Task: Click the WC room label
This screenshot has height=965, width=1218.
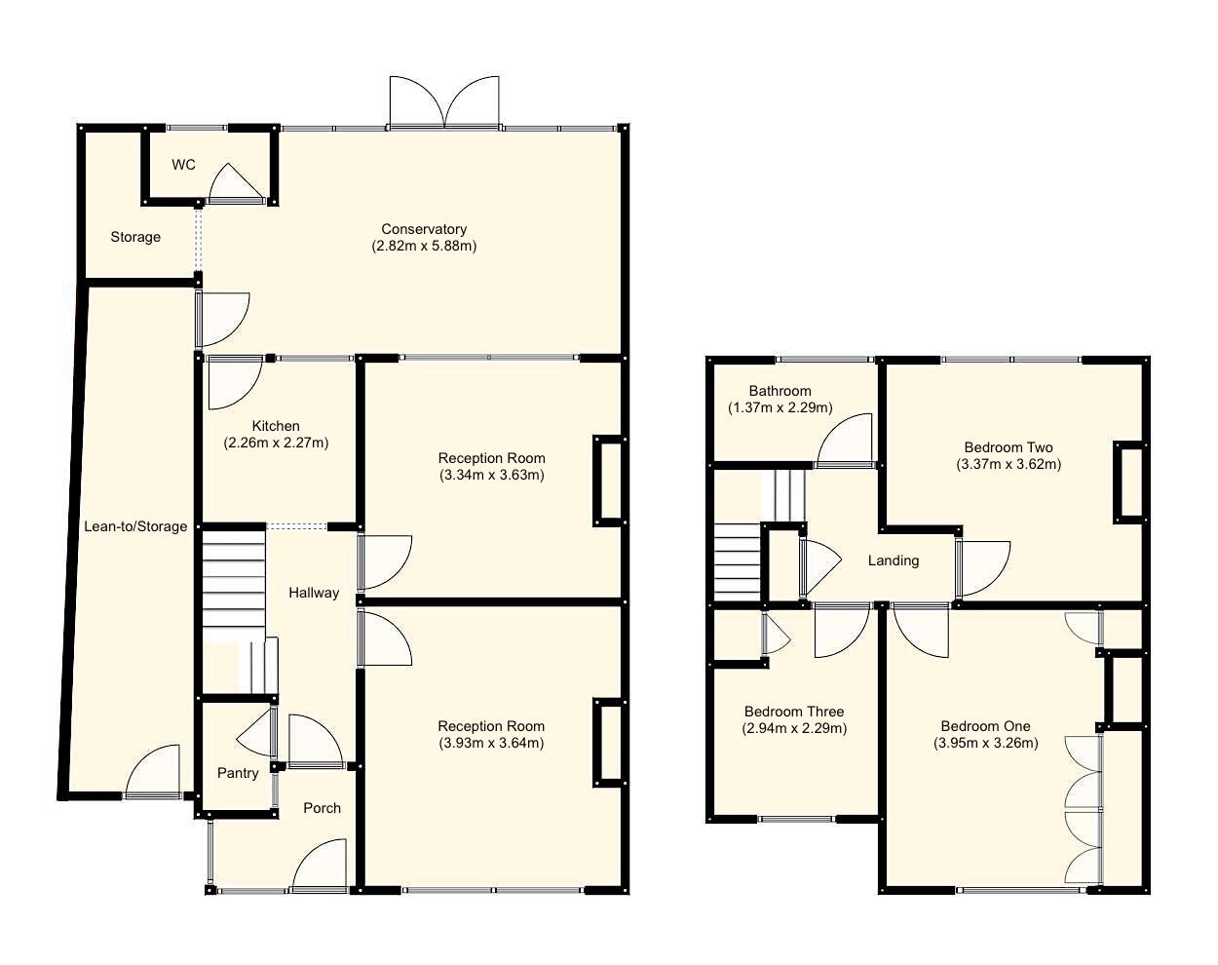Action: [183, 165]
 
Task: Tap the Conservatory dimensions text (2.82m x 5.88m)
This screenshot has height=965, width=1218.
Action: [424, 246]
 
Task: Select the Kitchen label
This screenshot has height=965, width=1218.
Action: [276, 426]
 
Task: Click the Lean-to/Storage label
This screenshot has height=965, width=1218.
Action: [135, 526]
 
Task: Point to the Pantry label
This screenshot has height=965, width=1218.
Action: [238, 773]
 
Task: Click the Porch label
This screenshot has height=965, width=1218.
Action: [322, 807]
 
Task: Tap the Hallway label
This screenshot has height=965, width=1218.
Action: [314, 593]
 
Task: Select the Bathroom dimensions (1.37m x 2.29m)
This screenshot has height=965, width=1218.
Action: [780, 407]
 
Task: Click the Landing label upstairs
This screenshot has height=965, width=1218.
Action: [893, 560]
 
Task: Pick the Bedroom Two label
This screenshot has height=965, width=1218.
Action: [1009, 447]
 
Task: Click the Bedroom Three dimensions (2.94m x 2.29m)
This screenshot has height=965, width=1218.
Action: [794, 728]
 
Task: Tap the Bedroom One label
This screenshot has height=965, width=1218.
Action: [985, 726]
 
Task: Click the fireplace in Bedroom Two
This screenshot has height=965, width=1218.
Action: [1128, 482]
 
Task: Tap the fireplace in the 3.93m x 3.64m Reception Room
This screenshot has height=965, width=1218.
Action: [608, 742]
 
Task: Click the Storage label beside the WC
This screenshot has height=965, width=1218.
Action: [135, 237]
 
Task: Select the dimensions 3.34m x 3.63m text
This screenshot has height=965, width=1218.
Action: [491, 475]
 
